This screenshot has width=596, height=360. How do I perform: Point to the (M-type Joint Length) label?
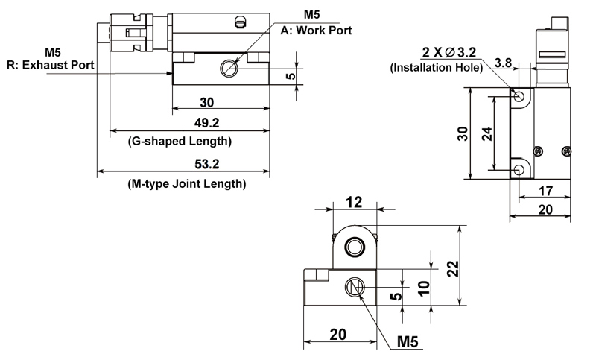187,183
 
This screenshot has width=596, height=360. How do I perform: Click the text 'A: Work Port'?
316,31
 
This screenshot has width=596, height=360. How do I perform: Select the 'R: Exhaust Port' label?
50,65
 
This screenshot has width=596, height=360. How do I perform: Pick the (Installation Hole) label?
437,68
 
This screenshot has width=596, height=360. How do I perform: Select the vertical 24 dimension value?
486,133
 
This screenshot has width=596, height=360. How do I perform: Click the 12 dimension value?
352,201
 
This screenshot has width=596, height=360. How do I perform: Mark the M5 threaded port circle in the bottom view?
355,288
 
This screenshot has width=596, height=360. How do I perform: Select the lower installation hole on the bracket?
519,171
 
